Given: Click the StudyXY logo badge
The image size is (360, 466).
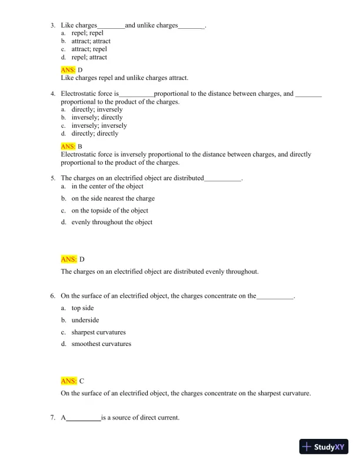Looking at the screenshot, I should coord(325,447).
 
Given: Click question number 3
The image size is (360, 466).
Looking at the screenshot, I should coord(52,25).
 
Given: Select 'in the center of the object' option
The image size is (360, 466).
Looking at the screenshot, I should coord(107,187).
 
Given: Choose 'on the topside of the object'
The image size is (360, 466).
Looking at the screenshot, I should coord(109,211).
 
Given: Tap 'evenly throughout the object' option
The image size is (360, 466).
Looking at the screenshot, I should coord(112,222).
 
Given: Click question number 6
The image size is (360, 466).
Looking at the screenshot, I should coord(52,296).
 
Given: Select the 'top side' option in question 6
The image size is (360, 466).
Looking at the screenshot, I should coord(82,308).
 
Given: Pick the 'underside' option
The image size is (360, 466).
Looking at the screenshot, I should coord(85,320).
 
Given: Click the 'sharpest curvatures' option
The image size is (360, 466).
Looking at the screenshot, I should coord(98,332).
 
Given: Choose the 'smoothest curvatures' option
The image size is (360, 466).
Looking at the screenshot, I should coord(101,344).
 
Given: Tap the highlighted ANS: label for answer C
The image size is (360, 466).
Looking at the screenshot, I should coord(68,381).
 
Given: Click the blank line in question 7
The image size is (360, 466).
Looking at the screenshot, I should coord(83,418).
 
